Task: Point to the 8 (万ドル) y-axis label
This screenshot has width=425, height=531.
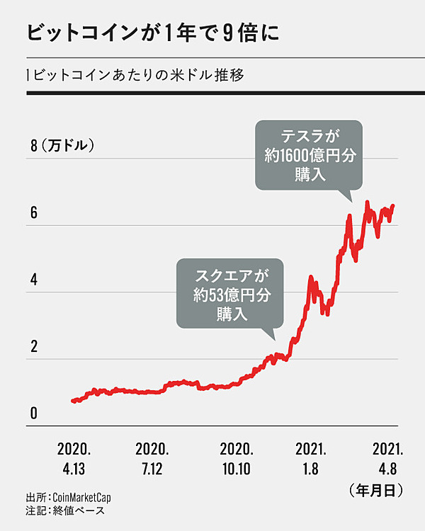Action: [63, 147]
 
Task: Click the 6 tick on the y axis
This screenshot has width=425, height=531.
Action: [33, 213]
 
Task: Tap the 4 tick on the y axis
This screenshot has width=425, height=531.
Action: [33, 280]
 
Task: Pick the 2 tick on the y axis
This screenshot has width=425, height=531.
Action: [33, 346]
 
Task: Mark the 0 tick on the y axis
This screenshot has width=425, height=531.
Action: [33, 413]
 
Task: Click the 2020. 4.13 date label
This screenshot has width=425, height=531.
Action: [74, 458]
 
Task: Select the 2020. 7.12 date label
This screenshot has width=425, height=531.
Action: [152, 458]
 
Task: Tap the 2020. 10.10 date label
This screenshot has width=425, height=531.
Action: [237, 458]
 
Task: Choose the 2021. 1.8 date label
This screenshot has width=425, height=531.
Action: [311, 458]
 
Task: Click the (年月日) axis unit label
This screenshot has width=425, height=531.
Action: [376, 489]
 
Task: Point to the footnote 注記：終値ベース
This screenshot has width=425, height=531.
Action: [68, 510]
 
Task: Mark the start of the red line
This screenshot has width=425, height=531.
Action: [73, 401]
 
